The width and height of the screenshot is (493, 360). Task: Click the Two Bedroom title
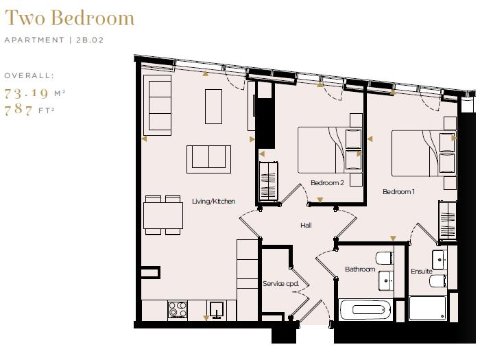coord(69,19)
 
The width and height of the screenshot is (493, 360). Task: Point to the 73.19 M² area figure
coord(34,93)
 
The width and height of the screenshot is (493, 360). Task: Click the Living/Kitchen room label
coord(213,201)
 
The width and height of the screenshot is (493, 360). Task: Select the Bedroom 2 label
coord(326,183)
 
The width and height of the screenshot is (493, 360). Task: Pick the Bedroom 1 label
coord(398,192)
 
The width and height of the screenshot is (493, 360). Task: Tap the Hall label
coord(306,225)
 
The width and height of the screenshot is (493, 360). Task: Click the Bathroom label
coord(360,269)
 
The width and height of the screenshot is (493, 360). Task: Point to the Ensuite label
coord(422,272)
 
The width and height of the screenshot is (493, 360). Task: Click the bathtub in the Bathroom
coord(366,309)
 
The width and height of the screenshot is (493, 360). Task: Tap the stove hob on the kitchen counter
coord(178,309)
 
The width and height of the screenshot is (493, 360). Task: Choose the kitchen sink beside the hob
coord(217,310)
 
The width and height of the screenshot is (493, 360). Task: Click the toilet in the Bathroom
coord(382,259)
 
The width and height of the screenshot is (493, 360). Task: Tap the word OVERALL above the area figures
coord(29,75)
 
